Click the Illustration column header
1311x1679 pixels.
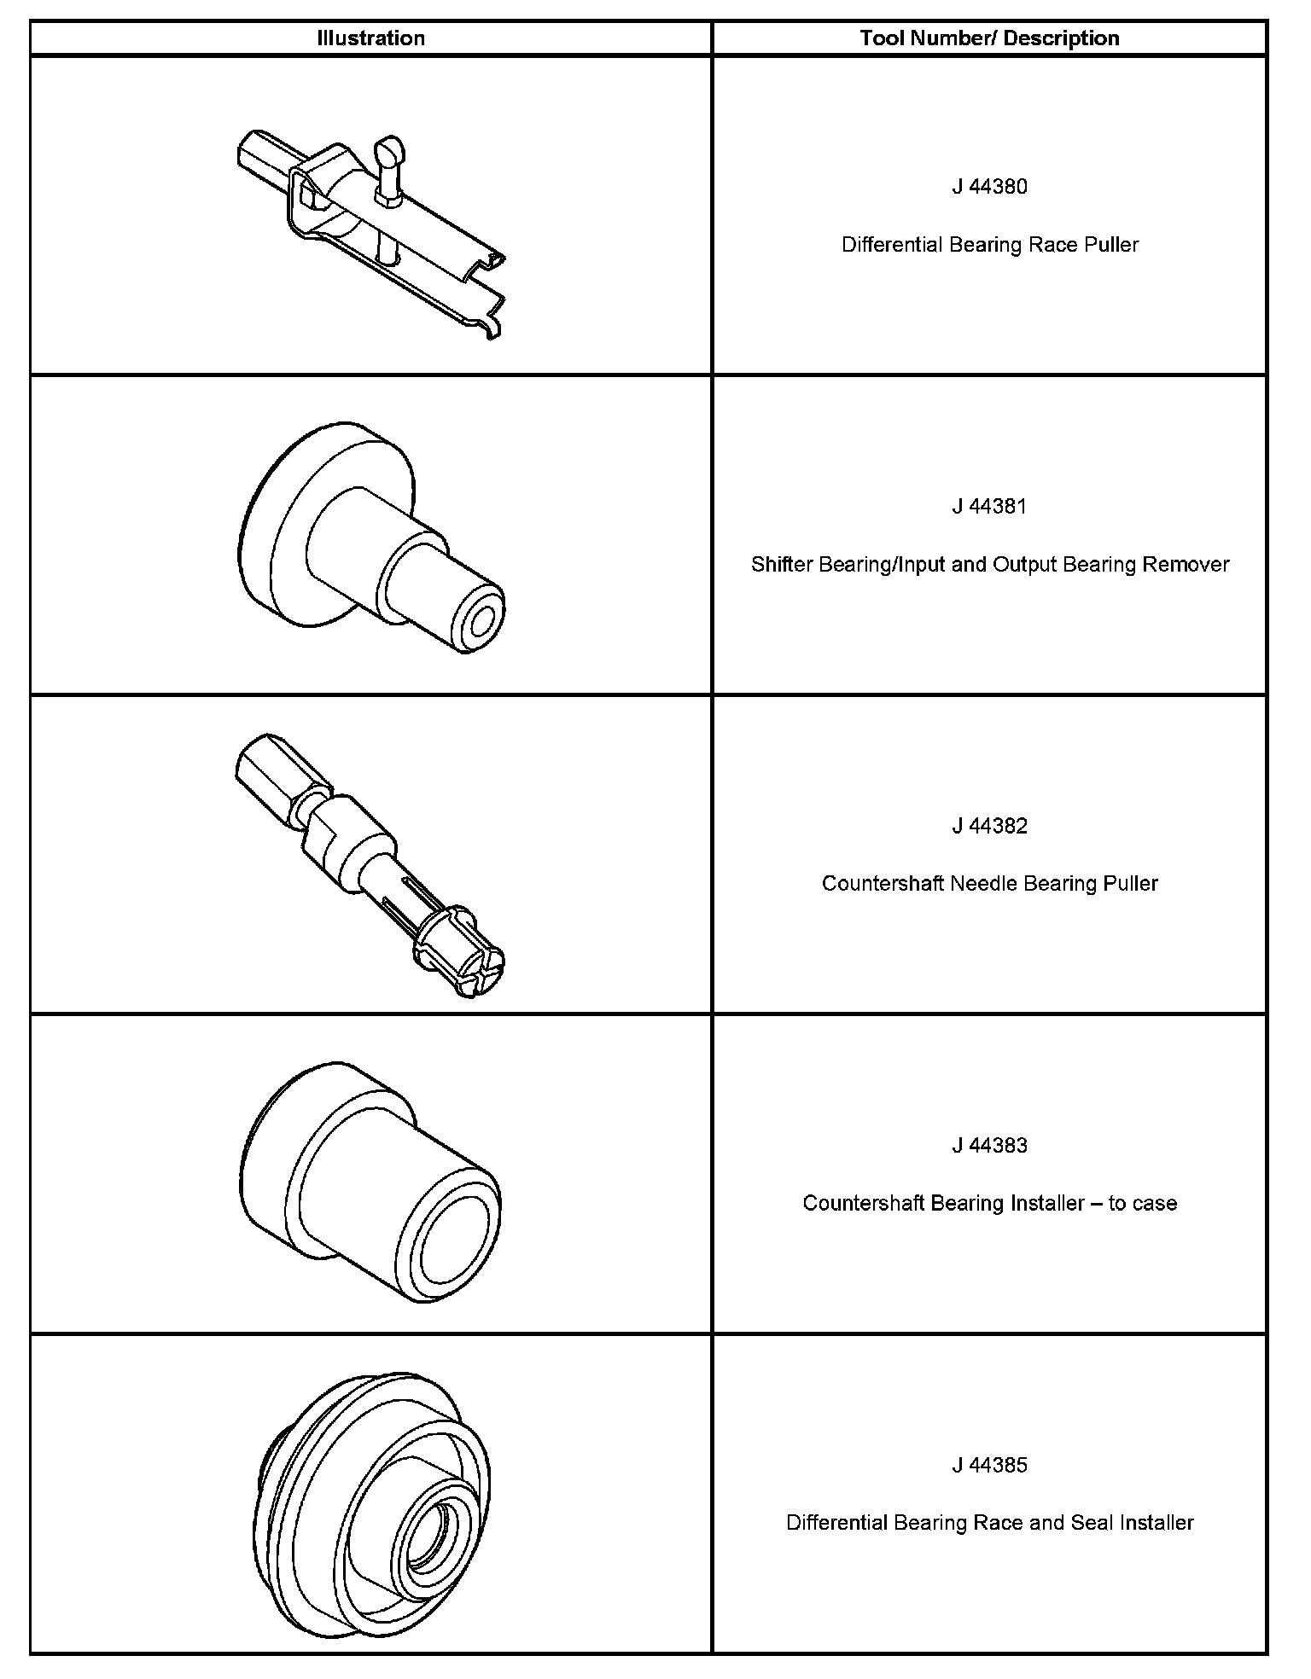pos(370,38)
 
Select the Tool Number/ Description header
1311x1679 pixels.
pos(989,38)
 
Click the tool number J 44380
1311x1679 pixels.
pos(989,187)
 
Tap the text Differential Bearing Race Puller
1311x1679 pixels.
pos(989,245)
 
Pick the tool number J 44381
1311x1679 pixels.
pos(989,507)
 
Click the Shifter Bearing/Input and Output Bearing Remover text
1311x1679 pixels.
pos(989,565)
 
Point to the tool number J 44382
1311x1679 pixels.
pos(989,826)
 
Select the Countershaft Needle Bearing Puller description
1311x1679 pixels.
pos(989,883)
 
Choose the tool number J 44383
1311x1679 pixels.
pos(989,1145)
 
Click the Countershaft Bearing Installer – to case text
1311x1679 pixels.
pos(989,1203)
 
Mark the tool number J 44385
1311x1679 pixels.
pos(989,1465)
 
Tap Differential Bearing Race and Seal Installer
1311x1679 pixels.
pos(989,1523)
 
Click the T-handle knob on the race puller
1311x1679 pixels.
pos(390,151)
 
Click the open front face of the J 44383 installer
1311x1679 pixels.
pos(452,1235)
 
